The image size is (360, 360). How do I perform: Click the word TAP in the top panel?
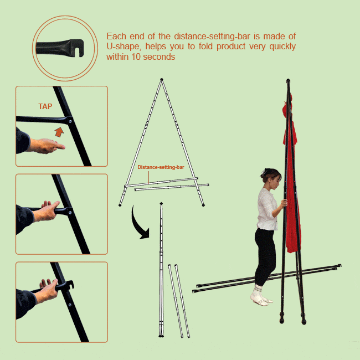[x=45, y=106]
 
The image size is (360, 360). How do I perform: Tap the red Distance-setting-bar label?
[x=161, y=167]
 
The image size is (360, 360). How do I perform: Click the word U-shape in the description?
[x=120, y=47]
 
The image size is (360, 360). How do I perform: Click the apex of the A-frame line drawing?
[x=161, y=79]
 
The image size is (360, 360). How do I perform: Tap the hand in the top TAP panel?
[x=47, y=145]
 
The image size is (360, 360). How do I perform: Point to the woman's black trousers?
[x=265, y=255]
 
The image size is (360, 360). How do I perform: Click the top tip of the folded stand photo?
[x=288, y=81]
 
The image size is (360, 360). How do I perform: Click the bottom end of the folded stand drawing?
[x=161, y=336]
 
